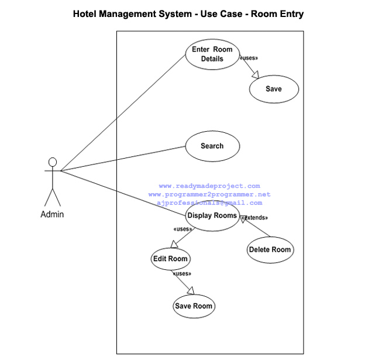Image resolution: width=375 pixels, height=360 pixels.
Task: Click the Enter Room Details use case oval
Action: tap(212, 54)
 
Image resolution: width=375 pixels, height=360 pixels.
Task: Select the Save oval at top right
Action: tap(274, 89)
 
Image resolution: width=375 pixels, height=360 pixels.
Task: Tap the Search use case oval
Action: tap(212, 146)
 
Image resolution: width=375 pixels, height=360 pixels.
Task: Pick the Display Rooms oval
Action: tap(212, 215)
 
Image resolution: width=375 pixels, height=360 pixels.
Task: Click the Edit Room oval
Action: tap(170, 259)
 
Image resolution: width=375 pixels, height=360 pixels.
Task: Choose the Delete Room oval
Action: tap(270, 250)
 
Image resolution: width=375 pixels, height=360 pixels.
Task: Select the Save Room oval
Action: tap(194, 306)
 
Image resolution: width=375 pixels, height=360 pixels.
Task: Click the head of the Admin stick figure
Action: tap(53, 162)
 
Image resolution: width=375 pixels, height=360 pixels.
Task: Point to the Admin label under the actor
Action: tap(52, 214)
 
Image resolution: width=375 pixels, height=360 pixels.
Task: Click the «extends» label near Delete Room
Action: tap(254, 218)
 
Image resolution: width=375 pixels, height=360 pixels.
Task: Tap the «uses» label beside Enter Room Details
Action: tap(249, 59)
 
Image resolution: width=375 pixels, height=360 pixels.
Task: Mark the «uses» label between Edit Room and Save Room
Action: tap(181, 273)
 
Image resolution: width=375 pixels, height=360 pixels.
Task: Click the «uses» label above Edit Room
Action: tap(183, 229)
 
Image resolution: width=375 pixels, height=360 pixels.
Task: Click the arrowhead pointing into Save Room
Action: tap(190, 290)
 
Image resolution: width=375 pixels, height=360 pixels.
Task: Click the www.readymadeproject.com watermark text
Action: tap(209, 186)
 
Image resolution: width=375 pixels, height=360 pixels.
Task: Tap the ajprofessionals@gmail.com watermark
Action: tap(209, 203)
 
